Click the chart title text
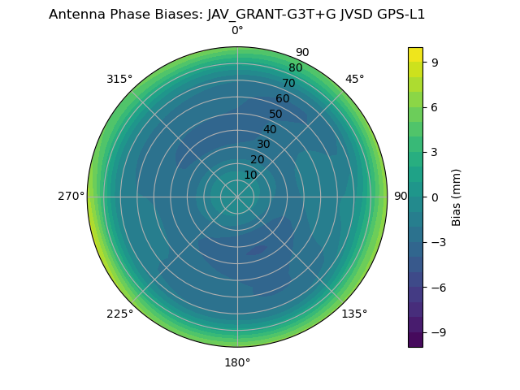pos(237,14)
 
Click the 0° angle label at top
pos(237,31)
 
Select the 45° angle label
pos(354,79)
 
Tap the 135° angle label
pos(354,314)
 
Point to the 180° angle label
pos(237,362)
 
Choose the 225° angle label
pos(119,314)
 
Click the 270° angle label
pos(71,197)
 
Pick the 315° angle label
pos(119,79)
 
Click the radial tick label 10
pos(250,175)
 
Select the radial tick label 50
pos(275,114)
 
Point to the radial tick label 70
pos(288,83)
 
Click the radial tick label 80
pos(295,67)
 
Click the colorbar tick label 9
pos(435,62)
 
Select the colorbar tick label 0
pos(435,197)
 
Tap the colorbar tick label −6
pos(438,287)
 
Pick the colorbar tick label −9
pos(438,332)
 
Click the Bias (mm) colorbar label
pos(457,197)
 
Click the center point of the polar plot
pos(237,197)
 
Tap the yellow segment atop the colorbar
pos(415,54)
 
